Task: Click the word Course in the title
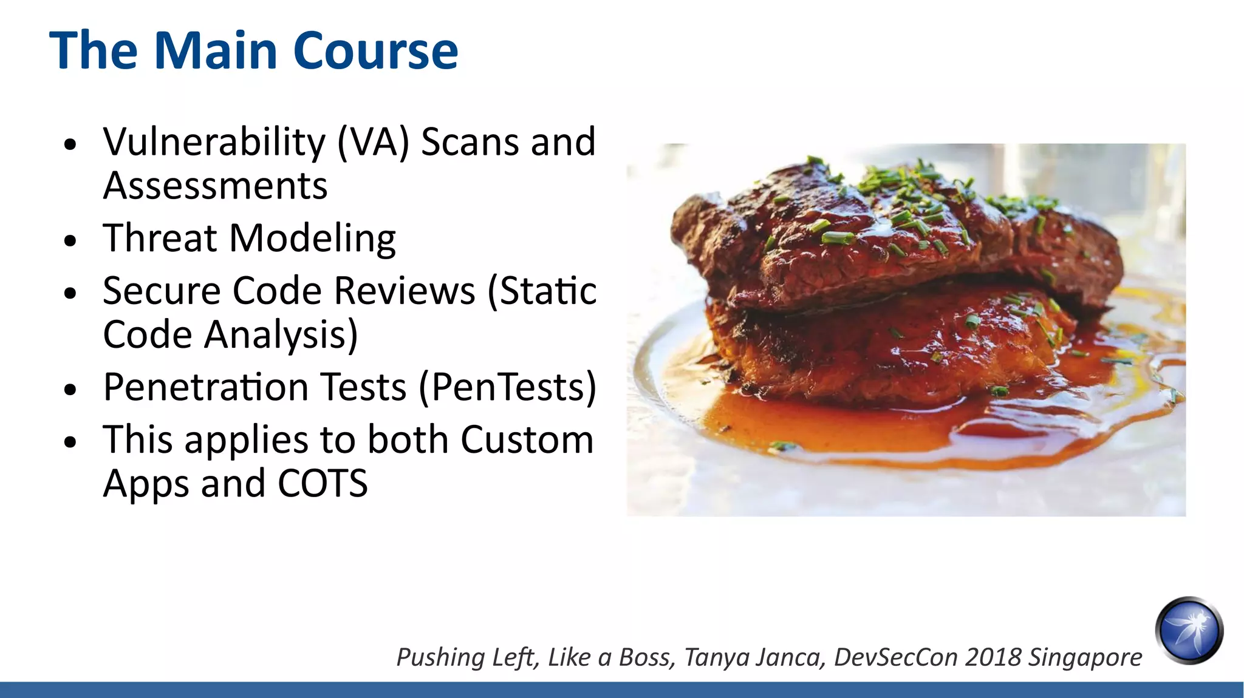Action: coord(375,51)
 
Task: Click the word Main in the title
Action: coord(216,51)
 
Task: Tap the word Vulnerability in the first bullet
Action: coord(214,143)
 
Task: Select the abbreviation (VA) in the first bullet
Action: coord(373,143)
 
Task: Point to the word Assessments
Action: coord(215,186)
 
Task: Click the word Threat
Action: coord(159,238)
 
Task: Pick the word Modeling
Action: coord(312,239)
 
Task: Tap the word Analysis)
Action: coord(281,336)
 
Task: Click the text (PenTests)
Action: coord(508,387)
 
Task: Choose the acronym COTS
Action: coord(323,484)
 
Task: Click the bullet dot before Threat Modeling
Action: coord(70,240)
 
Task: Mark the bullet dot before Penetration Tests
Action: coord(70,390)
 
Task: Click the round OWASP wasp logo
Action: coord(1189,630)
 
